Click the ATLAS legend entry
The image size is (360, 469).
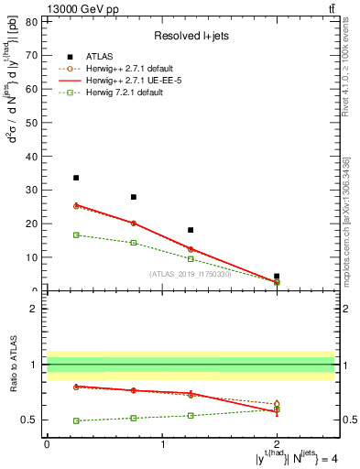(x=101, y=55)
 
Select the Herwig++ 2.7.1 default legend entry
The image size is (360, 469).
(x=124, y=67)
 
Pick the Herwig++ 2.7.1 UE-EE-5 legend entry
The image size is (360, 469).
(x=124, y=79)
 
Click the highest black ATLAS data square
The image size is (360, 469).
(x=76, y=178)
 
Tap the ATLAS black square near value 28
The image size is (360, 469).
(x=134, y=197)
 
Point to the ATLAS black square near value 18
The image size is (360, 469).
(x=191, y=230)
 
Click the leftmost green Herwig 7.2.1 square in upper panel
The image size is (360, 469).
(x=76, y=234)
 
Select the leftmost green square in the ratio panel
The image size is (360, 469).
(x=76, y=420)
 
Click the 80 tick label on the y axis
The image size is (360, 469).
(x=34, y=20)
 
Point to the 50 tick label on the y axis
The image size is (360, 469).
(x=34, y=122)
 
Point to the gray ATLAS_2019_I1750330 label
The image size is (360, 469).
(x=191, y=274)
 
